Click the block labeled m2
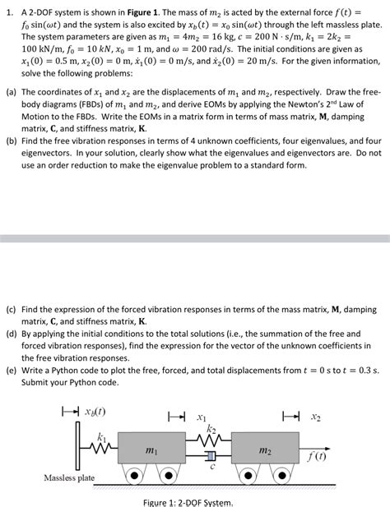[265, 450]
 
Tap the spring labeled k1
[100, 446]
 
